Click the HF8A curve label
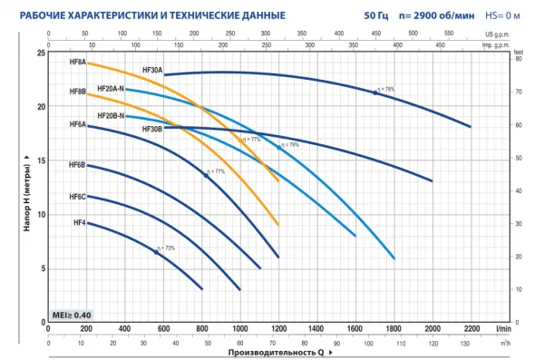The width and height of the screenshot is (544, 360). tap(77, 63)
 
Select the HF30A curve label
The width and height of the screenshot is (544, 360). tap(152, 70)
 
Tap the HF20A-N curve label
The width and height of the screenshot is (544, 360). tap(110, 88)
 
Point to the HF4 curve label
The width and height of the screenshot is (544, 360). tap(79, 222)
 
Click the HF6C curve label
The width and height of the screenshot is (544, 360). tap(77, 197)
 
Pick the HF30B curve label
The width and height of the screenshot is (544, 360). tap(152, 130)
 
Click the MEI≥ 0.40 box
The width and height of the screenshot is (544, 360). tap(72, 314)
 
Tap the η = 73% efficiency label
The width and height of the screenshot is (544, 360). tap(165, 248)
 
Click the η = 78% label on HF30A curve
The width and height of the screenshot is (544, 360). tap(385, 89)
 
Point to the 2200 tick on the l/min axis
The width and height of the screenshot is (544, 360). tap(471, 327)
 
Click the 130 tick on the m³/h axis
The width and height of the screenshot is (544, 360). tap(466, 344)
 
